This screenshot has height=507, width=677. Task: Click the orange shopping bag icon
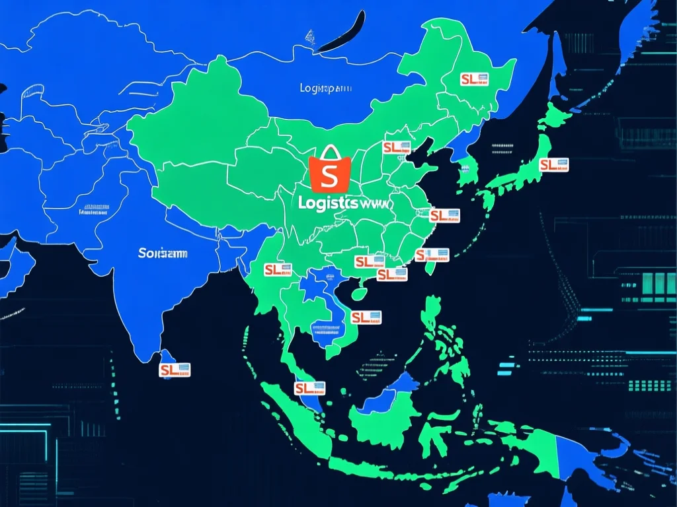pyautogui.click(x=329, y=173)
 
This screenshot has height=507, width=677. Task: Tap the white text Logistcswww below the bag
pyautogui.click(x=345, y=204)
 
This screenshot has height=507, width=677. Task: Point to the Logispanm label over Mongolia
pyautogui.click(x=326, y=88)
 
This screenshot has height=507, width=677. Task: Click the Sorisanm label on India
pyautogui.click(x=163, y=253)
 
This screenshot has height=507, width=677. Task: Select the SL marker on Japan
pyautogui.click(x=553, y=165)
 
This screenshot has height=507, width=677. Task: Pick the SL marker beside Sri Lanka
pyautogui.click(x=175, y=370)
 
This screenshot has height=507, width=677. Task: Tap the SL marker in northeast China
pyautogui.click(x=474, y=79)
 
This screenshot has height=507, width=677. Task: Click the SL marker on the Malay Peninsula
pyautogui.click(x=309, y=388)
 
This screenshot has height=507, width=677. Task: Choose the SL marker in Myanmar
pyautogui.click(x=278, y=269)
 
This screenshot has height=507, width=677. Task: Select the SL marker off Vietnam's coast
pyautogui.click(x=366, y=318)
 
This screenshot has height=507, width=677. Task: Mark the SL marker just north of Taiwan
pyautogui.click(x=432, y=255)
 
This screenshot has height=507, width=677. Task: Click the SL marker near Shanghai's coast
pyautogui.click(x=444, y=215)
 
